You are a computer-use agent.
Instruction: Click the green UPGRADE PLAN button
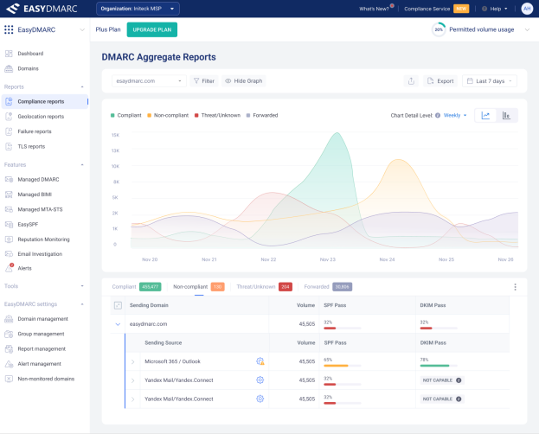pyautogui.click(x=151, y=29)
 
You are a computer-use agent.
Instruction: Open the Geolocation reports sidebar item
pyautogui.click(x=41, y=117)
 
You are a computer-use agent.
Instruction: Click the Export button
pyautogui.click(x=440, y=81)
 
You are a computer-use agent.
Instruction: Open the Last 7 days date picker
pyautogui.click(x=491, y=81)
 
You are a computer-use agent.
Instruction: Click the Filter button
pyautogui.click(x=203, y=81)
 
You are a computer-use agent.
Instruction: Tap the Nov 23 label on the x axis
pyautogui.click(x=327, y=259)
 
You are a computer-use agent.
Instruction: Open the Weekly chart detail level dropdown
pyautogui.click(x=455, y=115)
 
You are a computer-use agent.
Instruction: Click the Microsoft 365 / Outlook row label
pyautogui.click(x=171, y=360)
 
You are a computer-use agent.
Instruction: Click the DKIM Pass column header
pyautogui.click(x=433, y=305)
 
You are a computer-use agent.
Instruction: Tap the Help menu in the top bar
pyautogui.click(x=495, y=9)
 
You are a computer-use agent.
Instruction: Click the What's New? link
pyautogui.click(x=374, y=9)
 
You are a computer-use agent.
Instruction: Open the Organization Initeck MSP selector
pyautogui.click(x=138, y=9)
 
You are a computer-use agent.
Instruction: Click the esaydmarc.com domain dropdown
pyautogui.click(x=150, y=81)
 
